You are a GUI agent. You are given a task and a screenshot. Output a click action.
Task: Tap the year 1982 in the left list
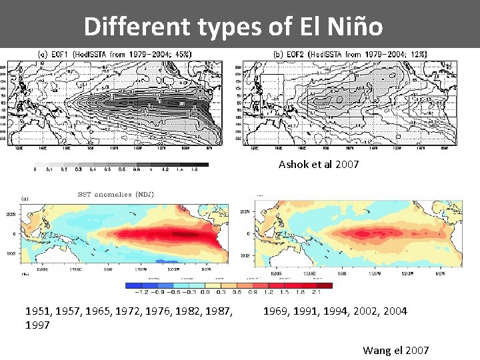187,311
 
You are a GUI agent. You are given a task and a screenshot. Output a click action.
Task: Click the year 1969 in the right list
276,311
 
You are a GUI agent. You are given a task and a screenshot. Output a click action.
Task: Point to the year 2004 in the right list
393,311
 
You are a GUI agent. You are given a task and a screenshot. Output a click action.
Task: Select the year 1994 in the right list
335,311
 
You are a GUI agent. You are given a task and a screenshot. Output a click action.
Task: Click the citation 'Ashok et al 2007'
318,164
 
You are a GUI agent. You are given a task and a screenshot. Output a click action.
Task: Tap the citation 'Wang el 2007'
395,350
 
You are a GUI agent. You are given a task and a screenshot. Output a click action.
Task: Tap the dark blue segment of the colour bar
134,285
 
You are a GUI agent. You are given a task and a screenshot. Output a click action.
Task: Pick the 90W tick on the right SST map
440,273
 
